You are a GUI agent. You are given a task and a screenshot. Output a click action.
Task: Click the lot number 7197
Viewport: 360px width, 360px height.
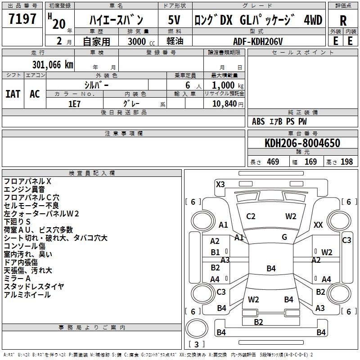(22, 19)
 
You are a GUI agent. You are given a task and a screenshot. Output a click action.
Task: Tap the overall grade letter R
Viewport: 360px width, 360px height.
(343, 21)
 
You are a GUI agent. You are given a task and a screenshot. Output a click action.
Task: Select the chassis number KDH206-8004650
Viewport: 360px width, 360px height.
(302, 144)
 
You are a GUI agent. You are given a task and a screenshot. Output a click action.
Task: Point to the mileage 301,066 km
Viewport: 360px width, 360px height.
(52, 65)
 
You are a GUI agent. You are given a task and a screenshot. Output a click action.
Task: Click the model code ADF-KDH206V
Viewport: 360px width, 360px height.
(258, 41)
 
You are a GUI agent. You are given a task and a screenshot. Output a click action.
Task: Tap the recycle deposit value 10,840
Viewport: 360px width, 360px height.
(223, 103)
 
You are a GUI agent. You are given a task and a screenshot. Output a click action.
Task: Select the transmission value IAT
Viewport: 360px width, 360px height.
(13, 94)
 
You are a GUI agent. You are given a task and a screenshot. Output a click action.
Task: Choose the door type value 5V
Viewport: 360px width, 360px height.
(175, 20)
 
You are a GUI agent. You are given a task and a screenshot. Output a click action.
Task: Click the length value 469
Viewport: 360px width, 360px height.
(273, 162)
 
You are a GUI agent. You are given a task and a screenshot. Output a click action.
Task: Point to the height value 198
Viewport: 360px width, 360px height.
(346, 162)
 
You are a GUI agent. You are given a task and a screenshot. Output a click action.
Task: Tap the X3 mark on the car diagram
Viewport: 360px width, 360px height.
(220, 184)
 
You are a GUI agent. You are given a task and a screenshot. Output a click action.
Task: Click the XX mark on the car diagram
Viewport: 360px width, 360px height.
(318, 225)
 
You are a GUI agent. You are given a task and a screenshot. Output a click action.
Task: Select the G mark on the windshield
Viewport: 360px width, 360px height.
(284, 237)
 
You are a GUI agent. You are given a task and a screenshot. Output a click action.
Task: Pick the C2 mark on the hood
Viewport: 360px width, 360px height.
(251, 216)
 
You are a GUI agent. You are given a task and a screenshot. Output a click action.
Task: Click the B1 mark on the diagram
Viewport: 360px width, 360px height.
(216, 252)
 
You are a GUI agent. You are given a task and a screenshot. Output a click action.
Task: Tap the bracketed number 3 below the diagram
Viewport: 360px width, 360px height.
(196, 344)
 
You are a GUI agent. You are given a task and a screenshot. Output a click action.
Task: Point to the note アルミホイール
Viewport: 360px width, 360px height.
(27, 295)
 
